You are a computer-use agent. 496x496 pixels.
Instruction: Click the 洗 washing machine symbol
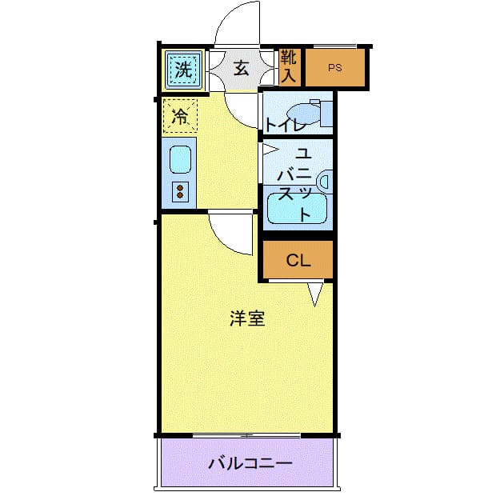(x=183, y=70)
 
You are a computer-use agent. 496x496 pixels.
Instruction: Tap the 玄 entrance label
(x=242, y=69)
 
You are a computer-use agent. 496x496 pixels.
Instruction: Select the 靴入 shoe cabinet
(x=289, y=67)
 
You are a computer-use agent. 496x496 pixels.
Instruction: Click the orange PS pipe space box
(x=334, y=68)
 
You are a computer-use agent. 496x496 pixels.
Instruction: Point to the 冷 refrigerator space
(x=181, y=116)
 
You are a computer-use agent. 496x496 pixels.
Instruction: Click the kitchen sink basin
(x=180, y=160)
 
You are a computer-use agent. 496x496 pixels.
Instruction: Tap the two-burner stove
(x=180, y=192)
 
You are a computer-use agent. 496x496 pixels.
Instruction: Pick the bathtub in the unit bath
(x=297, y=210)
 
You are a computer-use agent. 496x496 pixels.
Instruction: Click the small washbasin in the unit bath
(x=323, y=182)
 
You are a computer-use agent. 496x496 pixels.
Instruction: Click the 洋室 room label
(x=247, y=318)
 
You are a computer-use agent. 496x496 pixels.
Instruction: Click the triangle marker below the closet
(x=315, y=294)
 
